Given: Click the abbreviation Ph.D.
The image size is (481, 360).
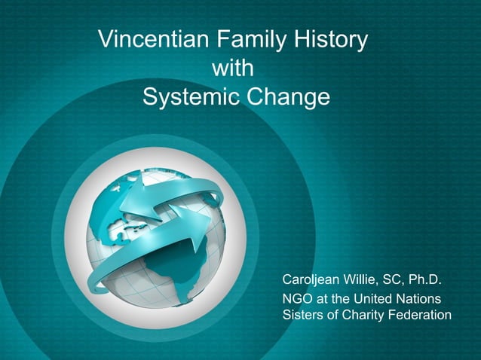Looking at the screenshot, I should point(427,282).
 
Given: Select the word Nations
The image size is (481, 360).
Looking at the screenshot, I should point(425,299).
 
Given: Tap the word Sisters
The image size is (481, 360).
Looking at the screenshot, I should point(302,315).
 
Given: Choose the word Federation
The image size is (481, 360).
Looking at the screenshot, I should point(422,315).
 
